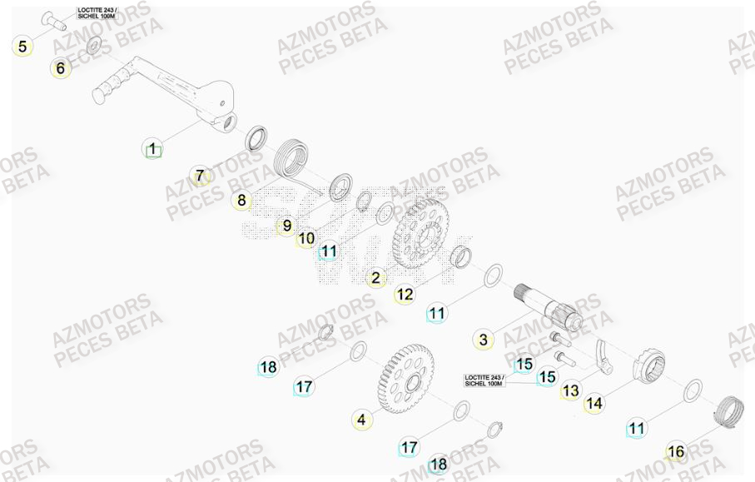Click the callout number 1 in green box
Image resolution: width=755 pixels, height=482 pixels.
click(151, 150)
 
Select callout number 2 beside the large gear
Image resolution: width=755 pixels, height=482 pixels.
click(375, 278)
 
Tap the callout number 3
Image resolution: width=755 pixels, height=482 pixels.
click(484, 339)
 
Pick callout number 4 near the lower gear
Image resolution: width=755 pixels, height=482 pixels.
click(360, 420)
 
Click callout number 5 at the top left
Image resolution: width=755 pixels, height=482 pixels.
click(22, 46)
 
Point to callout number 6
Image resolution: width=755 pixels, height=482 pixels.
click(60, 68)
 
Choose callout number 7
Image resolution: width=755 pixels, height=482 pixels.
click(199, 176)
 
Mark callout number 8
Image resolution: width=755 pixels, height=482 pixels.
click(241, 200)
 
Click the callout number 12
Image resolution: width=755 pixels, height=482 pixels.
click(404, 294)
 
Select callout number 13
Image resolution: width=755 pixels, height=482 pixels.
click(570, 390)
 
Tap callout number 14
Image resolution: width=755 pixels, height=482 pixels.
click(594, 404)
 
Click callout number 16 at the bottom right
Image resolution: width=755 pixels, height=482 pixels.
click(676, 452)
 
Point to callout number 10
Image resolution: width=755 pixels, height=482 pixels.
click(306, 238)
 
